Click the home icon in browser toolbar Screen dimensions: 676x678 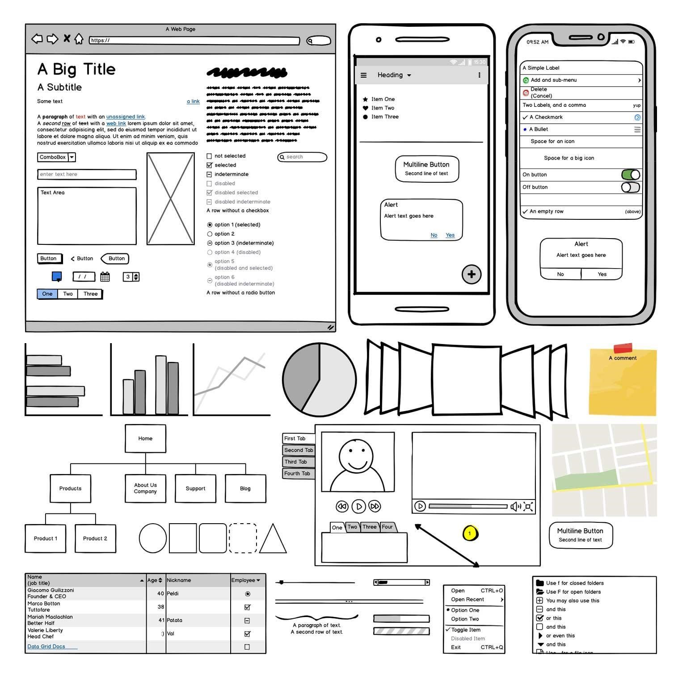click(79, 39)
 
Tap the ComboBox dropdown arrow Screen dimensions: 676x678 click(72, 157)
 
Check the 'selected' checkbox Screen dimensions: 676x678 click(209, 165)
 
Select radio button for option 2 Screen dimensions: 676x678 click(210, 234)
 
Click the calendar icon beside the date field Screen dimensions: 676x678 click(105, 277)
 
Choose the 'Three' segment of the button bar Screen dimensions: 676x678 click(90, 294)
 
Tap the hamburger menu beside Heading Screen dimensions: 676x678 click(363, 76)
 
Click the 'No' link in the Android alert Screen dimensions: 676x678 click(434, 235)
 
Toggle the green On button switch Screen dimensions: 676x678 click(630, 175)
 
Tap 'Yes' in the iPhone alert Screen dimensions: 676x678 click(602, 274)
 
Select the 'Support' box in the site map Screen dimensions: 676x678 click(195, 489)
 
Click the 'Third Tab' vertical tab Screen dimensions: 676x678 click(298, 462)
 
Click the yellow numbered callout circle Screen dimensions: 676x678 click(470, 533)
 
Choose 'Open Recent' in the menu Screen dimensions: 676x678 click(467, 600)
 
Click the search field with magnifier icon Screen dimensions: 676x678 click(302, 157)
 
